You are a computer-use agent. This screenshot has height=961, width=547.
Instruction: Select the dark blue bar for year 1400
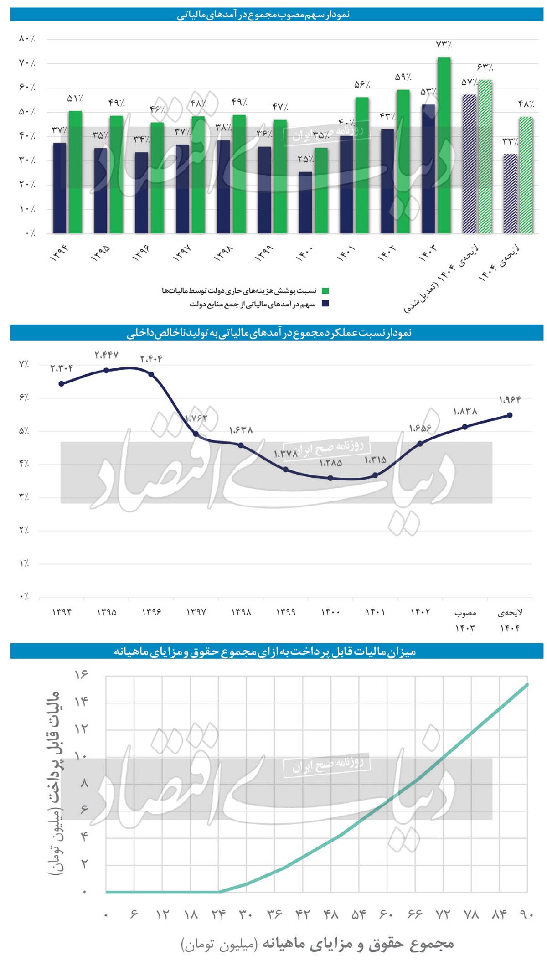[x=305, y=203]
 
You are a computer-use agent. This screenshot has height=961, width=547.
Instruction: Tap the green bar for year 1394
[x=75, y=172]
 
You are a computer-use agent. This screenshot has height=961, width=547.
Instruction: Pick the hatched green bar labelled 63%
[x=485, y=157]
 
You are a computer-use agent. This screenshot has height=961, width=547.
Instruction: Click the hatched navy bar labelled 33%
[x=510, y=194]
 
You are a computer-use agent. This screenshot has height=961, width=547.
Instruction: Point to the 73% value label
[x=444, y=45]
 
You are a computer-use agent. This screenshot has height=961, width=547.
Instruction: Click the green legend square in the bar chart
[x=325, y=291]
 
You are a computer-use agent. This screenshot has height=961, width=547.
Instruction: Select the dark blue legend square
[x=325, y=304]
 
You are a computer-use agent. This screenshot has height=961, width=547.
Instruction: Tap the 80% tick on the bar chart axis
[x=27, y=39]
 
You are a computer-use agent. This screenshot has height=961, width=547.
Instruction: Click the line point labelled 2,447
[x=106, y=370]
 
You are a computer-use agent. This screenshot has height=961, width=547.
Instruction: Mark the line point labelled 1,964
[x=510, y=415]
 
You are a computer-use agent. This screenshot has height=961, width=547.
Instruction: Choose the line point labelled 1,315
[x=375, y=475]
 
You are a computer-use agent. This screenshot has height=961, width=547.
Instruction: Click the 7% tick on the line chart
[x=24, y=364]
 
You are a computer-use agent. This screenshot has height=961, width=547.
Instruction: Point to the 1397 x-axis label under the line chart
[x=196, y=612]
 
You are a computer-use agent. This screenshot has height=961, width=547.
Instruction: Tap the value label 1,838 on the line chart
[x=465, y=412]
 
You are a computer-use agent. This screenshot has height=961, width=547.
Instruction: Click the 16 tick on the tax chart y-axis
[x=81, y=674]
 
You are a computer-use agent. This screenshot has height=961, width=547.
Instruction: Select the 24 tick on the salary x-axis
[x=218, y=914]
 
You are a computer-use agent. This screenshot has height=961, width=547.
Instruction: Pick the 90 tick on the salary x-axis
[x=526, y=914]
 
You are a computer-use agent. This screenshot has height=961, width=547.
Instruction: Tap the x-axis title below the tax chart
[x=317, y=944]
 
